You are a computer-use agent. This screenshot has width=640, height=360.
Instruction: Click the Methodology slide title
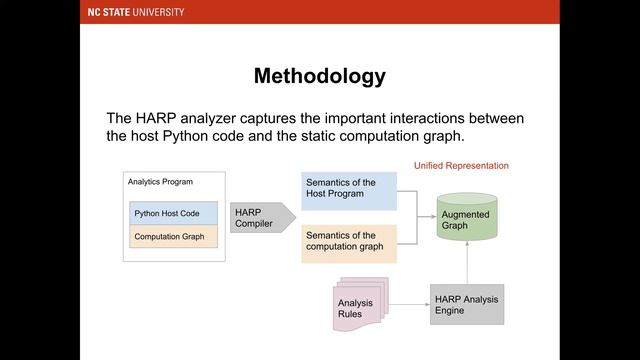pos(319,76)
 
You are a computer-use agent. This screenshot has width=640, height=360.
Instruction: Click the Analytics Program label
pos(160,182)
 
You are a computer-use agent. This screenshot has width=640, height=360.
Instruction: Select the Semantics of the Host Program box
pos(349,189)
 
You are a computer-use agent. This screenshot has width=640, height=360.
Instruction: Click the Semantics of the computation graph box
pos(349,242)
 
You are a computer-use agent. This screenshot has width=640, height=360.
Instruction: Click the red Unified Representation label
pos(461,165)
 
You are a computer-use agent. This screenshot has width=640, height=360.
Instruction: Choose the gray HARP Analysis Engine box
pos(467,304)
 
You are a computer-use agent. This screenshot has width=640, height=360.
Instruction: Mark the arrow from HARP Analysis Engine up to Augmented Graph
pos(467,262)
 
